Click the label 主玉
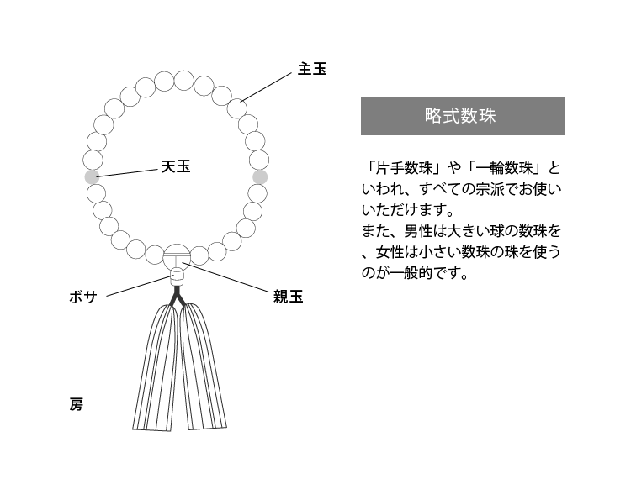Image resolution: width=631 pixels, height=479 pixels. [312, 69]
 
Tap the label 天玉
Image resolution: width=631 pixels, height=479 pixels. [176, 166]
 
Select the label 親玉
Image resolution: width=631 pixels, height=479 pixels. [288, 297]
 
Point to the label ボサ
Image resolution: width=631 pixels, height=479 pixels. [83, 297]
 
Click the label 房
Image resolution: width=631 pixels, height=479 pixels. [76, 404]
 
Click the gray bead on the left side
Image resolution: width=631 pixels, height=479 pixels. [93, 176]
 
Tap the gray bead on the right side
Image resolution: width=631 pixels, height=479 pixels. [260, 176]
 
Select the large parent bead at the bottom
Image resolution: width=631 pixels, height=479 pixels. [177, 255]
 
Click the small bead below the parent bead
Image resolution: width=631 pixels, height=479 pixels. [177, 276]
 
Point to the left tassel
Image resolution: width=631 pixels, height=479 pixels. [155, 368]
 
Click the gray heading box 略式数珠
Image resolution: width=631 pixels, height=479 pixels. [463, 116]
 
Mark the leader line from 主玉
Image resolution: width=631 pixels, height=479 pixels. [266, 87]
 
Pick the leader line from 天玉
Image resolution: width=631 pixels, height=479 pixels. [127, 173]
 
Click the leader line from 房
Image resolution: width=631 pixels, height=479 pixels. [119, 403]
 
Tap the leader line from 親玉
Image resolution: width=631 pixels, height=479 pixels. [225, 276]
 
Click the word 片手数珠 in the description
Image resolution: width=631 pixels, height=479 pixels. [404, 168]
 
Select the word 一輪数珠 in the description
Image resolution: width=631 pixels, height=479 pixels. [504, 168]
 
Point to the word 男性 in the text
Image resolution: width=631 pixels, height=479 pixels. [418, 231]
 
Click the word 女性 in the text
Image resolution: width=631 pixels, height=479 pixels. [390, 252]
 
